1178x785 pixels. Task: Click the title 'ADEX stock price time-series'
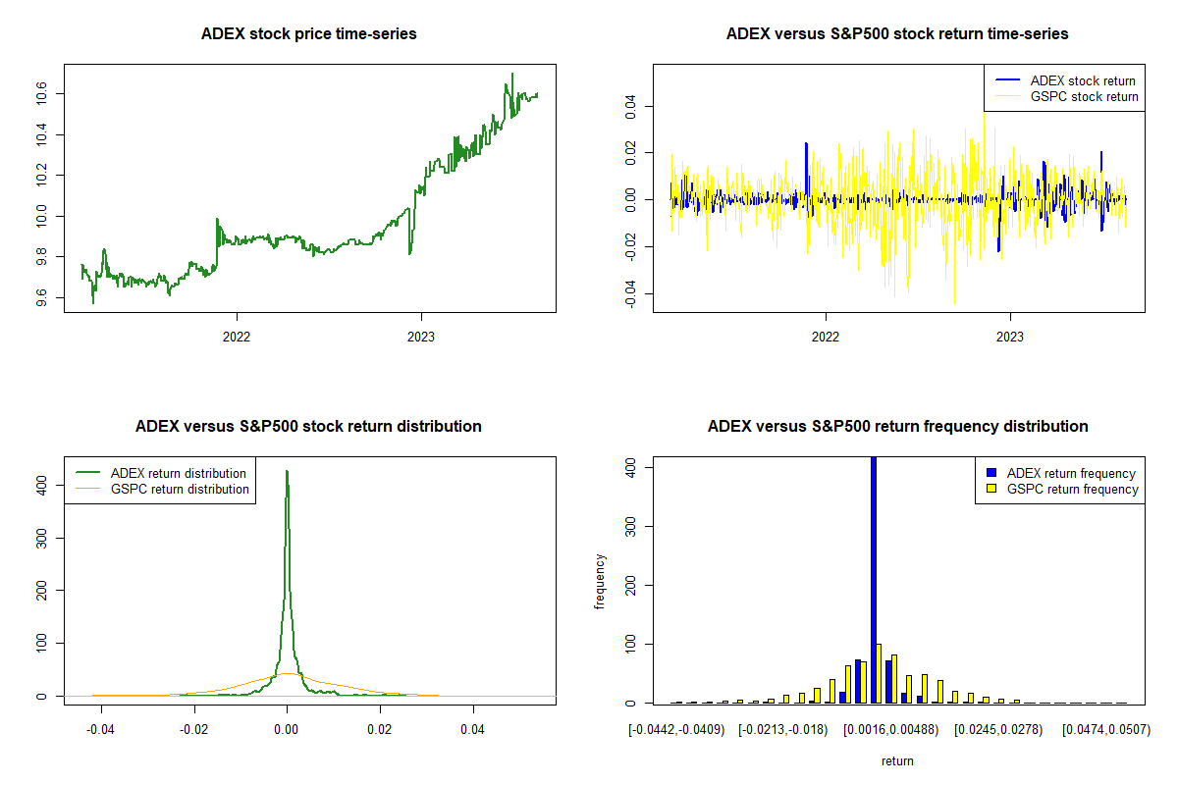click(308, 33)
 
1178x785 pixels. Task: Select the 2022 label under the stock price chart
click(237, 336)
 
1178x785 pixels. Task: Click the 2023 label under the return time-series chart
click(1010, 336)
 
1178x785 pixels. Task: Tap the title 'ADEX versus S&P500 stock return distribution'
click(308, 426)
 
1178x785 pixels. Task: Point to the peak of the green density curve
click(287, 471)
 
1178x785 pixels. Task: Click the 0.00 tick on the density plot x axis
click(287, 729)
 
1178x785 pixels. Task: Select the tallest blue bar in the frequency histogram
click(874, 579)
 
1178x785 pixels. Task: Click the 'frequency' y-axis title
click(601, 581)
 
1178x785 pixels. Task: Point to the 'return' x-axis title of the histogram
click(897, 760)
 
